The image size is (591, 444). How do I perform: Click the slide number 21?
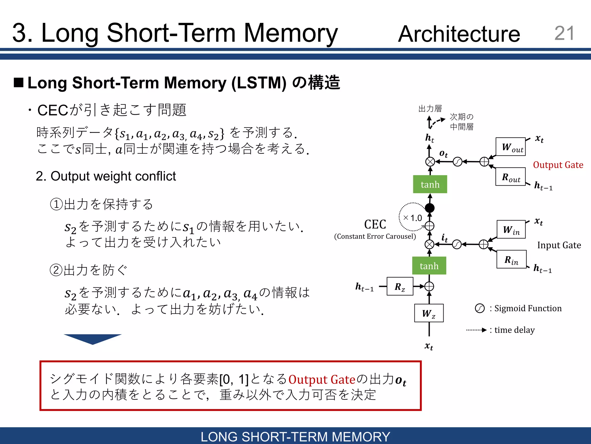coord(564,33)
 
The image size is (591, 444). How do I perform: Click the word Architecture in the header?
coord(459,34)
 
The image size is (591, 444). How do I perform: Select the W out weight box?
coord(510,147)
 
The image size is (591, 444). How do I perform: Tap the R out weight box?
coord(510,177)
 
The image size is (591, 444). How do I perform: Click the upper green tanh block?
coord(430,184)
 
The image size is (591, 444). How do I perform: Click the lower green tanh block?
coord(429,266)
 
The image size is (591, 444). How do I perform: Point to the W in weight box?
coord(511,230)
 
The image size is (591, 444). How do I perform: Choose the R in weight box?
coord(511,260)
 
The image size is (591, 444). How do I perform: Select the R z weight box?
coord(400,286)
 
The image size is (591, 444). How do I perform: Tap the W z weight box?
coord(429,313)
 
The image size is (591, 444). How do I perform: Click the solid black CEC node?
coord(430,208)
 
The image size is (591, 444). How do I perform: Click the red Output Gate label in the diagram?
coord(558,165)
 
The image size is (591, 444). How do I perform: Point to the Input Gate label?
coord(559,245)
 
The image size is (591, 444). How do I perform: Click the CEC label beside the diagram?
coord(375,224)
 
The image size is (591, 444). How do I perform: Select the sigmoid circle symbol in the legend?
coord(480,308)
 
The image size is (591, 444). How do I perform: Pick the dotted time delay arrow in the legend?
coord(476,330)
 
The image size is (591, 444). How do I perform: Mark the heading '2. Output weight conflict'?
coord(106,176)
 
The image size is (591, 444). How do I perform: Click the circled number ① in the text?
coord(56,204)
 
